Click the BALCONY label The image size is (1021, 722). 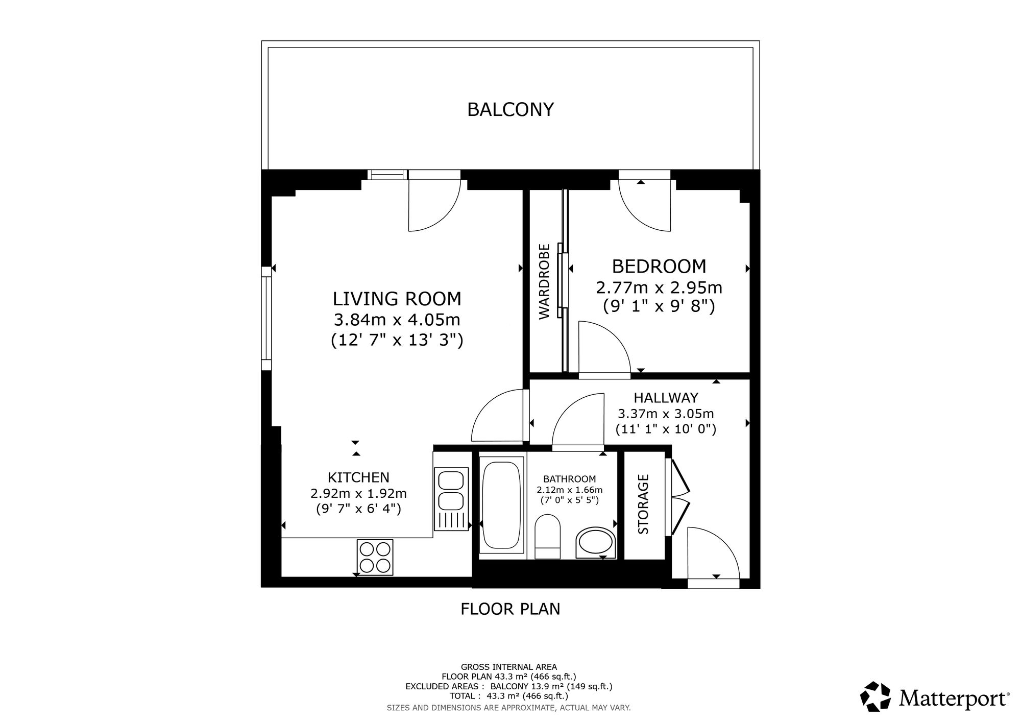tap(510, 109)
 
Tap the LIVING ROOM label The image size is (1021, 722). tap(397, 299)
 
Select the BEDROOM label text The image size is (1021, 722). tap(659, 267)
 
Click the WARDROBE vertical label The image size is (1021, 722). tap(545, 281)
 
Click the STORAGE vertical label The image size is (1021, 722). tap(643, 504)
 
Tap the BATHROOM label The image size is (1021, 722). tap(569, 479)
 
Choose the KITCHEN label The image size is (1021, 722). tap(358, 477)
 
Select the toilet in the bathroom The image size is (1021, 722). tap(548, 536)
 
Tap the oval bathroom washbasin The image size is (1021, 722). tap(596, 543)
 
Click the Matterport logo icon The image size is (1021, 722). tap(876, 696)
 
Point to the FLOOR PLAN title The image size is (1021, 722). tap(510, 609)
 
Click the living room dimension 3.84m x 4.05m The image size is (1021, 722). tap(397, 320)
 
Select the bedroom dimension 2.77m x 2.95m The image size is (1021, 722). tap(659, 288)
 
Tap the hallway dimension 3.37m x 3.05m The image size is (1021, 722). tap(666, 414)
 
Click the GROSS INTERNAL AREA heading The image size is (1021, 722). tap(509, 667)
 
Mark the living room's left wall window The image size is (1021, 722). tap(266, 318)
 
